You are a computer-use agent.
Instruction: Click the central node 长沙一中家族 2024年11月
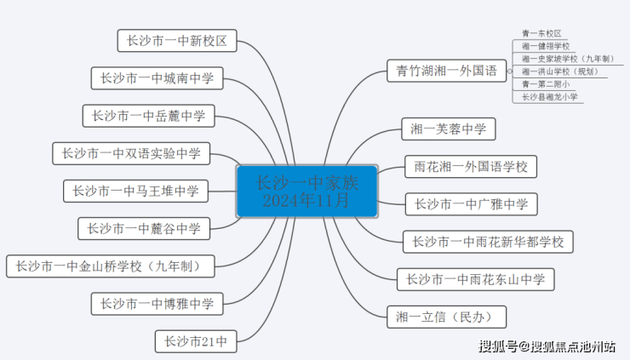[x=306, y=191]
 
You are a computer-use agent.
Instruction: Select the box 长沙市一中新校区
[x=176, y=40]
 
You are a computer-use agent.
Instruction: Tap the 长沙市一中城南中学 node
[x=157, y=78]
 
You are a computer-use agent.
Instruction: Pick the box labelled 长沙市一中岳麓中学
[x=149, y=116]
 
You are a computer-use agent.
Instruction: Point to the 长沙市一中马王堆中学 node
[x=135, y=191]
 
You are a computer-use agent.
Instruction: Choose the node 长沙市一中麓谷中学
[x=144, y=228]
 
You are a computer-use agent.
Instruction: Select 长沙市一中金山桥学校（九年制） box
[x=110, y=266]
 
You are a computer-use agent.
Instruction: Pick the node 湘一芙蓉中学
[x=448, y=129]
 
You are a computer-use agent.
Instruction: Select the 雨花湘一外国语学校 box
[x=470, y=167]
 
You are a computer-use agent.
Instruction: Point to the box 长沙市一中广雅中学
[x=471, y=204]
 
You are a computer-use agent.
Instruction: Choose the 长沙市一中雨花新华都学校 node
[x=488, y=242]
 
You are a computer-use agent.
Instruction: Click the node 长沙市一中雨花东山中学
[x=476, y=279]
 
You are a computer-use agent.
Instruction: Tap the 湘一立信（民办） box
[x=446, y=317]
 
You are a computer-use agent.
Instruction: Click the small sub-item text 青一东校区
[x=541, y=33]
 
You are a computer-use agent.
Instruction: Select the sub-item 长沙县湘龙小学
[x=550, y=97]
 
